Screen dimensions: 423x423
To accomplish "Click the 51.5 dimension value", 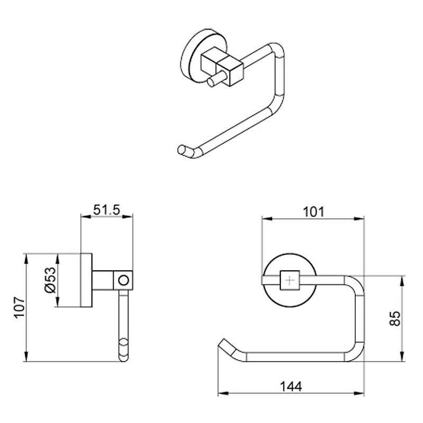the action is (106, 210).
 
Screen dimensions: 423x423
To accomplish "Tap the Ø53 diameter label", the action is (50, 280).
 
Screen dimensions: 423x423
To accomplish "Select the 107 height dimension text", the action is (20, 308).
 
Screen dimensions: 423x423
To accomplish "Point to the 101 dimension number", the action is (313, 212).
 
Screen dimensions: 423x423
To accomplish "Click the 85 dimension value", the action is (395, 319).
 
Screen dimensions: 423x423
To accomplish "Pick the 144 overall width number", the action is (291, 387).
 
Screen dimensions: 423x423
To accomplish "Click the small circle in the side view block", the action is (124, 280).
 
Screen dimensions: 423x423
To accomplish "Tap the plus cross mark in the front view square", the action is (290, 281).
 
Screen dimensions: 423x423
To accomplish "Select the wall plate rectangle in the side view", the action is (86, 280).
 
